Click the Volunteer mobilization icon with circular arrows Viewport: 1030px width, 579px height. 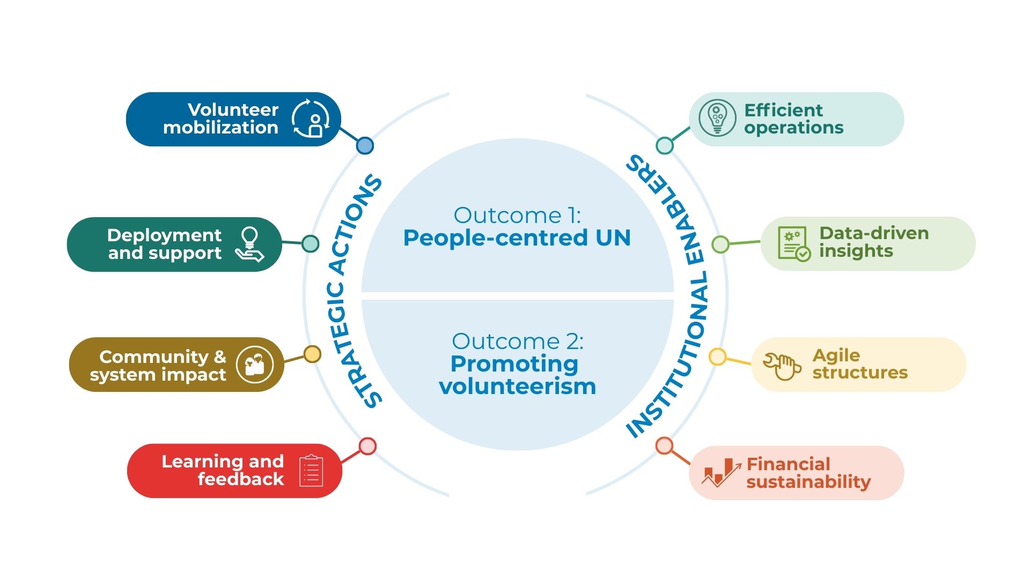click(x=311, y=118)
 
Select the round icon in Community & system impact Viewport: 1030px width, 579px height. click(x=255, y=365)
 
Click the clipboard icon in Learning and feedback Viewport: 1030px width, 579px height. click(x=311, y=471)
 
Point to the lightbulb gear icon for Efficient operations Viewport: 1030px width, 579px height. click(x=717, y=118)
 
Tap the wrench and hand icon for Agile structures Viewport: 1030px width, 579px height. click(x=782, y=366)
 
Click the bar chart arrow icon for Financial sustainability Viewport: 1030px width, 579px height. click(x=721, y=472)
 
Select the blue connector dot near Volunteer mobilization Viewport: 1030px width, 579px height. click(x=365, y=145)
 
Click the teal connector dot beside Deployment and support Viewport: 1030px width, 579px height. click(x=310, y=243)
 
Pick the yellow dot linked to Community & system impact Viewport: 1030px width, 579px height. click(x=312, y=354)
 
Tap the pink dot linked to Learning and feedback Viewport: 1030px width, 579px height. click(x=367, y=446)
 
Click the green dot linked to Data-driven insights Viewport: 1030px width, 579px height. click(x=720, y=244)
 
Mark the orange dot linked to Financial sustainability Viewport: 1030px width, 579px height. click(x=664, y=446)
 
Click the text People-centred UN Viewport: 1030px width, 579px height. click(x=517, y=238)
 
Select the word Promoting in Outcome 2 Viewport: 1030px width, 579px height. click(x=514, y=364)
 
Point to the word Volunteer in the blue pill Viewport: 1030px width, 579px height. click(x=233, y=110)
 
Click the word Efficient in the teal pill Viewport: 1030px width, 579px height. click(x=783, y=110)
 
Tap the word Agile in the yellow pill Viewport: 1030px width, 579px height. click(x=836, y=355)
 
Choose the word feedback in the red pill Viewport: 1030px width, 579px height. click(x=241, y=479)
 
